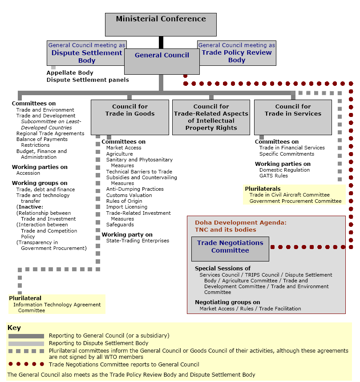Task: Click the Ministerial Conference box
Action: (161, 24)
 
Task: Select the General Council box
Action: (162, 61)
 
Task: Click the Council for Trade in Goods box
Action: (130, 117)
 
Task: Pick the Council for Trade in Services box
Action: (293, 117)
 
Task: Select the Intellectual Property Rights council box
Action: (211, 117)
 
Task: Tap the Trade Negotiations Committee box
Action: (230, 249)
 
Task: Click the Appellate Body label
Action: (70, 72)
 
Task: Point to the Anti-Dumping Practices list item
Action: (135, 189)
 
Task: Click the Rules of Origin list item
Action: (124, 201)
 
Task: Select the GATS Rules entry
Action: (274, 176)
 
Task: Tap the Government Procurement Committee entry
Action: (295, 201)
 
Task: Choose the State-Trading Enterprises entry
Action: (138, 241)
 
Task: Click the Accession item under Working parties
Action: (28, 173)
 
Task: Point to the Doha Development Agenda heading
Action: (241, 222)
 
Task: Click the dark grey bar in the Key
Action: (26, 336)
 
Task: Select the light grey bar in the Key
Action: (26, 344)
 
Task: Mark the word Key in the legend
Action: (14, 328)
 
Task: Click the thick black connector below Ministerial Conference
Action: (161, 42)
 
